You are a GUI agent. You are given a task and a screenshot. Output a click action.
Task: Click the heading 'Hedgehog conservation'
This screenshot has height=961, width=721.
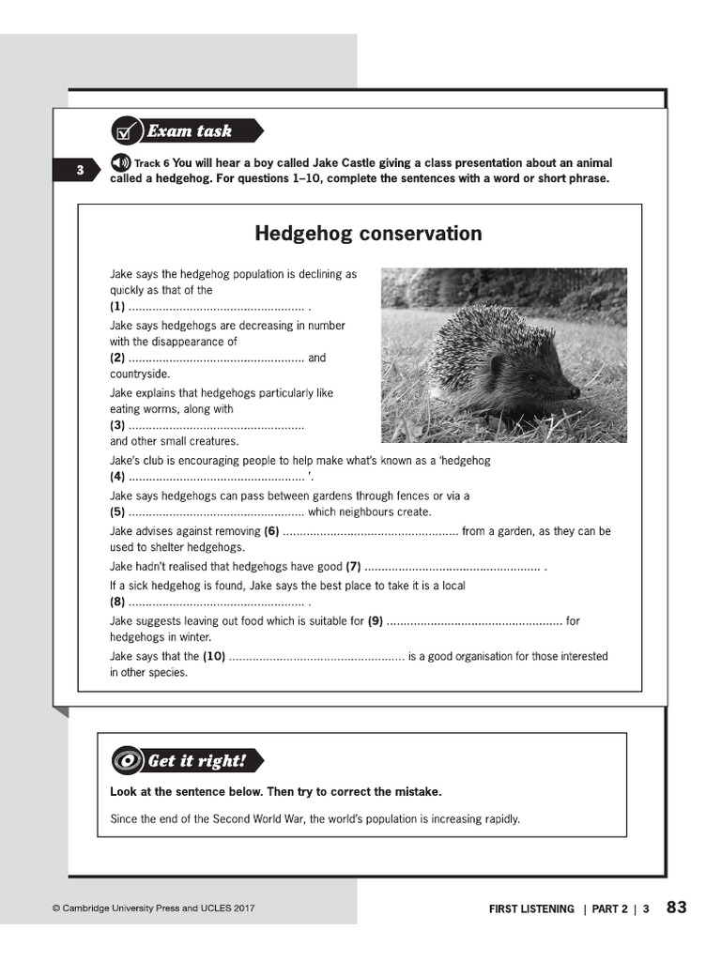(368, 233)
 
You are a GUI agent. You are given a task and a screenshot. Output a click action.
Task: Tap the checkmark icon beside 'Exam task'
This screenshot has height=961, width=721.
(125, 131)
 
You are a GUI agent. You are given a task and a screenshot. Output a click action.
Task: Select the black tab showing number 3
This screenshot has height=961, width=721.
(81, 171)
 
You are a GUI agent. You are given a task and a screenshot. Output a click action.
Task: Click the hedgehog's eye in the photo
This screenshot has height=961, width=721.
(531, 379)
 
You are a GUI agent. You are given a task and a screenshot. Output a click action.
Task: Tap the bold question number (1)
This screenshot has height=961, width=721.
(117, 307)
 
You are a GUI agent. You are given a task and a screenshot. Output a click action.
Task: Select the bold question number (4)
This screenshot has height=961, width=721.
(117, 476)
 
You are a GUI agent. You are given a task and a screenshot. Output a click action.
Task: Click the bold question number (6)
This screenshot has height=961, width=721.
(272, 531)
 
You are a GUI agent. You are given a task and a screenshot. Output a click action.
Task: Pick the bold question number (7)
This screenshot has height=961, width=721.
(353, 567)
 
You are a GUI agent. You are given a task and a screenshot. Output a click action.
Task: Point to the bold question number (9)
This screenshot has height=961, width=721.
(376, 621)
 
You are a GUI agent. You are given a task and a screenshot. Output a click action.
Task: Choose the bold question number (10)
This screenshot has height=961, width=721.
(214, 657)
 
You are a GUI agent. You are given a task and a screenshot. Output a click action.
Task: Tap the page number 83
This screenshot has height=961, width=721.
(677, 908)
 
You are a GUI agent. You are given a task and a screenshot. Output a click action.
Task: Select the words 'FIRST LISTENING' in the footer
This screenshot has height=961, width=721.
(531, 909)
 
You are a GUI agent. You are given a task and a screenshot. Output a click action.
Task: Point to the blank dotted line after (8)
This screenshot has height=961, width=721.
(216, 603)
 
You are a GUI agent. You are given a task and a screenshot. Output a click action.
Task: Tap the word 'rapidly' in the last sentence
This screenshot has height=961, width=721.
(500, 819)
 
